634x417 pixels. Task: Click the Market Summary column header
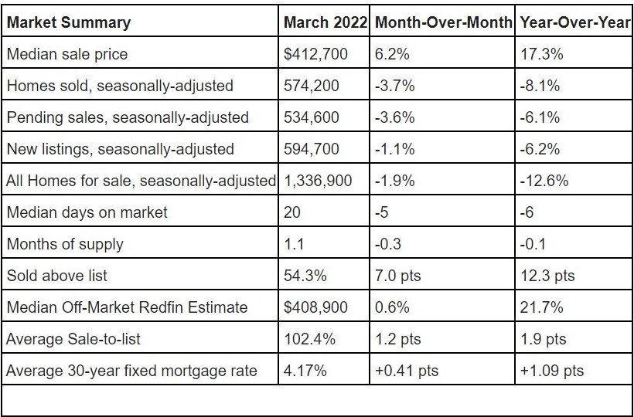tap(69, 22)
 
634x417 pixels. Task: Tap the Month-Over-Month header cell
tap(443, 22)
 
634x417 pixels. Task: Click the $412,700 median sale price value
tap(315, 54)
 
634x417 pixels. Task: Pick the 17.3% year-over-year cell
tap(541, 54)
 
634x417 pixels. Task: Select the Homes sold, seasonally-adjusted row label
tap(120, 86)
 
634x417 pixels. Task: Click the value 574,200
tap(312, 86)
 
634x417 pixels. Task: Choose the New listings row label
tap(120, 149)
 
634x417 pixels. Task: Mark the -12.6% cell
tap(544, 181)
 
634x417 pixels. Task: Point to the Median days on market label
tap(87, 212)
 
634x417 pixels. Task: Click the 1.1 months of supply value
tap(295, 244)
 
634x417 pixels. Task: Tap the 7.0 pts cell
tap(402, 276)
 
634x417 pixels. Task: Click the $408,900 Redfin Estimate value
tap(315, 307)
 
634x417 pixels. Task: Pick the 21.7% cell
tap(541, 307)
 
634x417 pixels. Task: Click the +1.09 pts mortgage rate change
tap(552, 371)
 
